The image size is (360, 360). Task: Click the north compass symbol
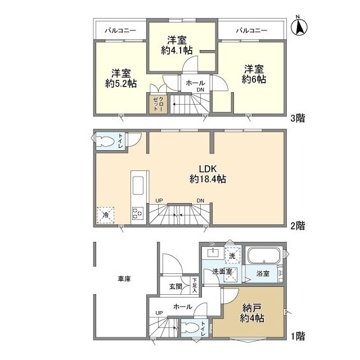coord(299,25)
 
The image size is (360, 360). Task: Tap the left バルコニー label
coord(121,30)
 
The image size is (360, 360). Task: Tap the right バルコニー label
coord(251,30)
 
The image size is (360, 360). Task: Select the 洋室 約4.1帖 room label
coord(177,45)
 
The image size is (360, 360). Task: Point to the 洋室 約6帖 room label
coord(254,74)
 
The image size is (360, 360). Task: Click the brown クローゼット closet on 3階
coord(157,105)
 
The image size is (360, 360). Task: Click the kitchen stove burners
coord(138,213)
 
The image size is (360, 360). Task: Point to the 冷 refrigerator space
coord(105,214)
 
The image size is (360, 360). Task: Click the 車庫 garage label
coord(124,279)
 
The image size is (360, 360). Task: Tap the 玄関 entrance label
coord(174,286)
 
